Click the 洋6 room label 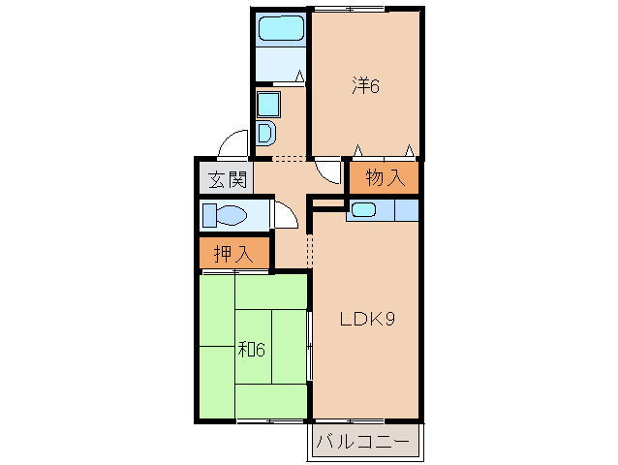click(x=365, y=86)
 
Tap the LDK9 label click(x=364, y=319)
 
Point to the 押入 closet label click(x=232, y=255)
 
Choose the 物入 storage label click(x=385, y=178)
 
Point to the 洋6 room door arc click(x=329, y=171)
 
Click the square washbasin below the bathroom click(x=267, y=103)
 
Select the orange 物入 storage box click(x=385, y=178)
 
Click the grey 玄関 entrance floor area click(x=225, y=178)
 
